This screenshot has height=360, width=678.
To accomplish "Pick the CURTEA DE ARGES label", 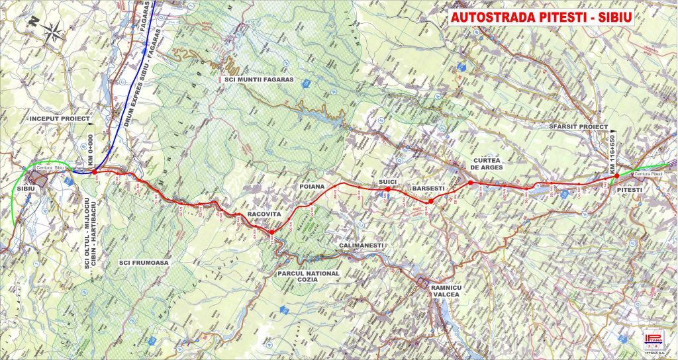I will pyautogui.click(x=488, y=164).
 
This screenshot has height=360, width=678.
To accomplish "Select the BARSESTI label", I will pyautogui.click(x=428, y=189).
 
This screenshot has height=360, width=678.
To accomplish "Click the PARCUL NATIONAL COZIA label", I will pyautogui.click(x=309, y=277).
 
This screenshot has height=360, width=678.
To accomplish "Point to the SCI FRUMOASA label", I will pyautogui.click(x=144, y=263).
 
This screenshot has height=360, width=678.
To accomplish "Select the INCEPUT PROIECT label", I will pyautogui.click(x=59, y=118).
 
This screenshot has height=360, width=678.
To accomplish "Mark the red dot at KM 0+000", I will pyautogui.click(x=95, y=171).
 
